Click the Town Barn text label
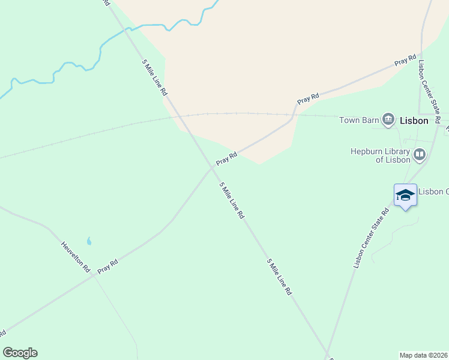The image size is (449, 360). (x=359, y=120)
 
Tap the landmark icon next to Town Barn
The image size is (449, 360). (x=388, y=120)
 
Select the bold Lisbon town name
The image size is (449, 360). (x=414, y=121)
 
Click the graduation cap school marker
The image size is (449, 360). (x=405, y=194)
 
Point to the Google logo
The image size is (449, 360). (x=20, y=353)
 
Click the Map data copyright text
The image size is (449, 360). (x=424, y=355)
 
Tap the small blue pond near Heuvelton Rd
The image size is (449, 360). (x=89, y=241)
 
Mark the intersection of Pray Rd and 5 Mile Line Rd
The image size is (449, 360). (x=212, y=169)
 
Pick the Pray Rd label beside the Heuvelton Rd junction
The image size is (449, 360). (x=108, y=266)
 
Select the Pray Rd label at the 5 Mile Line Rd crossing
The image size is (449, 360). (x=227, y=158)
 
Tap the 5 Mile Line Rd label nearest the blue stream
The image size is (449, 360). (x=154, y=77)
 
